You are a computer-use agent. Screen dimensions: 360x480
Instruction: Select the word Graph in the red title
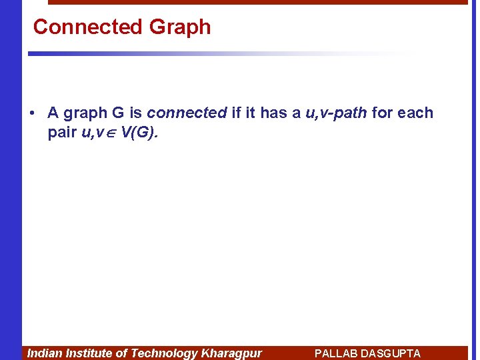coord(180,27)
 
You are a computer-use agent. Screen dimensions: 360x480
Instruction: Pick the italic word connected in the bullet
coord(187,113)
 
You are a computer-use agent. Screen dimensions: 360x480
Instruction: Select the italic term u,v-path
coord(336,113)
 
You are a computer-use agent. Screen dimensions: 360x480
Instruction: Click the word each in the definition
coord(415,113)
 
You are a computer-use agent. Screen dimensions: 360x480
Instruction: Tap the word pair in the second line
coord(62,132)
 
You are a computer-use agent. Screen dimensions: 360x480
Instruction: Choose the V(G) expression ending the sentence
coord(140,132)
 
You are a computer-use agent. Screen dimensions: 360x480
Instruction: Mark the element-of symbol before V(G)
coord(112,133)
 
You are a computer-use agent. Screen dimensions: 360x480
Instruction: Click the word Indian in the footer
coord(45,353)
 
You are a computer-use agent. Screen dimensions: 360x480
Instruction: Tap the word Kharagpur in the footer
coord(231,353)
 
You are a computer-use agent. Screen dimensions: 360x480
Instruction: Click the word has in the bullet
coord(273,113)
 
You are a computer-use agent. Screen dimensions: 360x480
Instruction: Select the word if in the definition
coord(235,113)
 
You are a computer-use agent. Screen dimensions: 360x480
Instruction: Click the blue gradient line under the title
coord(200,53)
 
